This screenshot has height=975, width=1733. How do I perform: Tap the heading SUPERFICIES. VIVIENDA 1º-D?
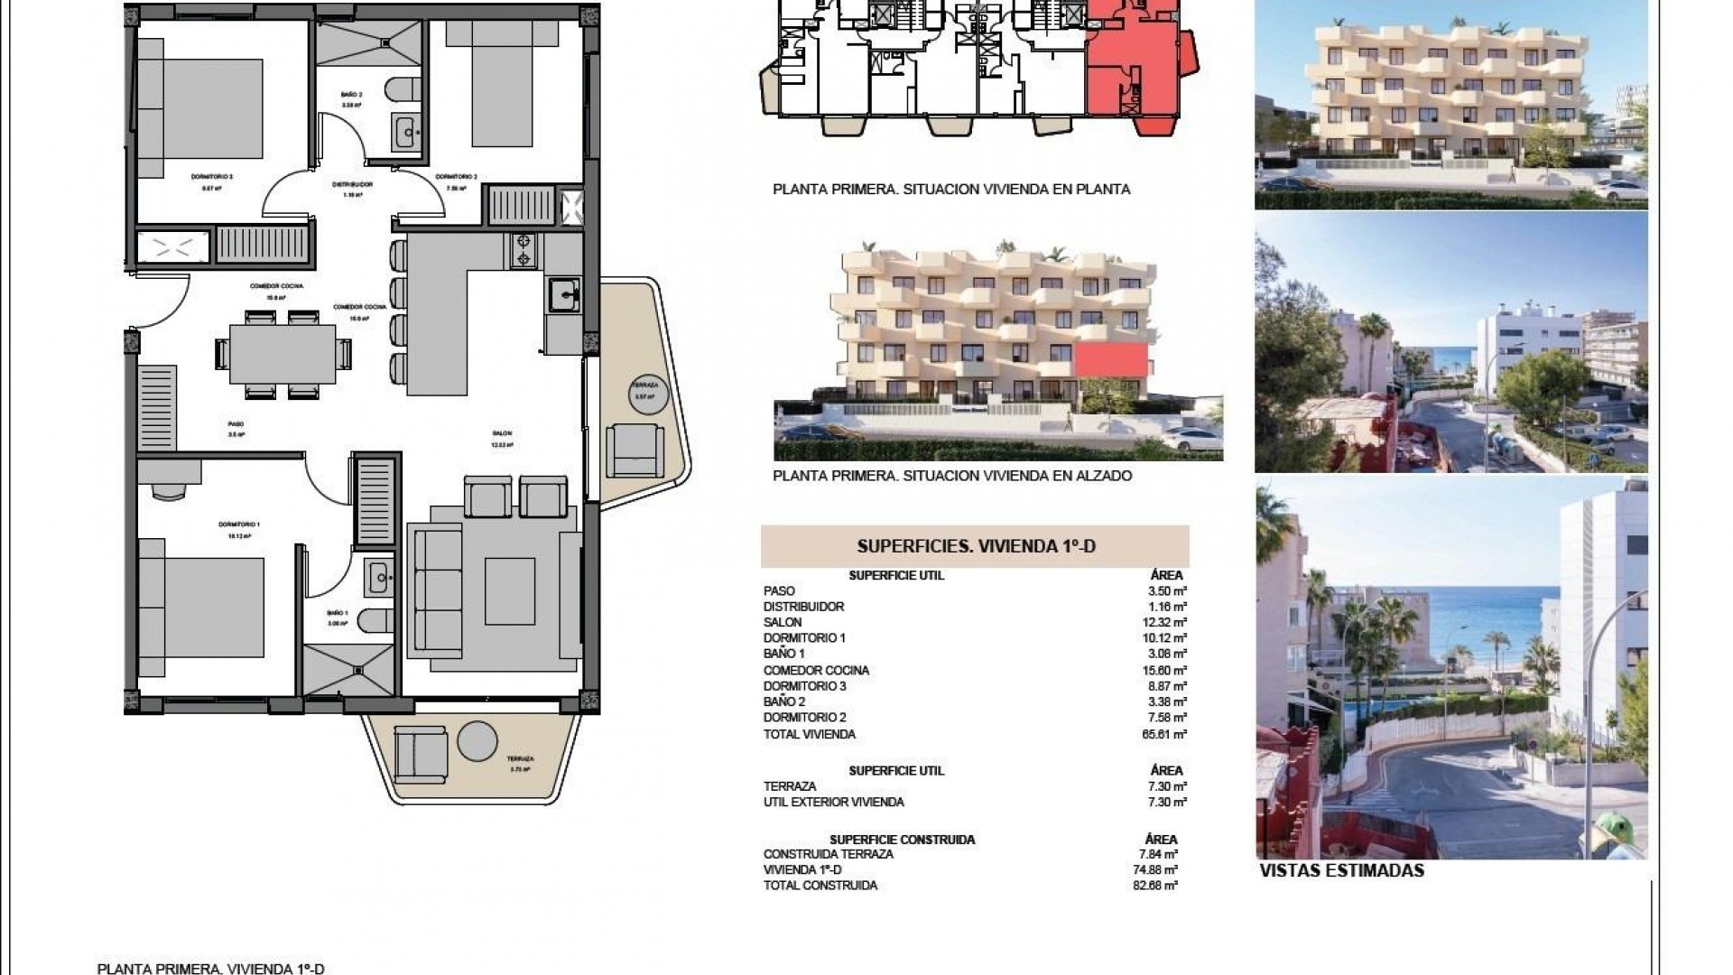[975, 546]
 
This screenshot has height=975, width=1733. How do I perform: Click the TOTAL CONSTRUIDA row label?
[820, 886]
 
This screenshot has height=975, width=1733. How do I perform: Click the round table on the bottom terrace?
[477, 741]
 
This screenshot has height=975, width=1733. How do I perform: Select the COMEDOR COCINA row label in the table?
[816, 670]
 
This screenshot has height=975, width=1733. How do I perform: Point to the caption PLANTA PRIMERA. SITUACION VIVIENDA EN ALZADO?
[952, 475]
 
